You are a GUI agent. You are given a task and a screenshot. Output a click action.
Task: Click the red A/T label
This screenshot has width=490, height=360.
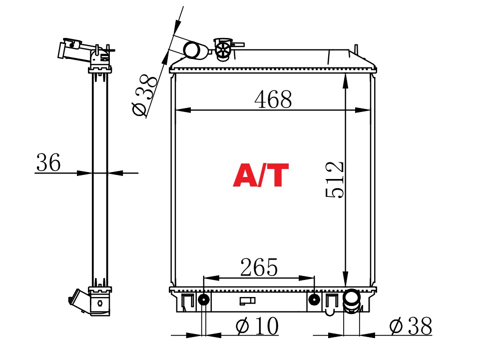[x=261, y=175]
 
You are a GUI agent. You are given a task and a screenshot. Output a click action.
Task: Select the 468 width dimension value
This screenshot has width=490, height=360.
[x=273, y=99]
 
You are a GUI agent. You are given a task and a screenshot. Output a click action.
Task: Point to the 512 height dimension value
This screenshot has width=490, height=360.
[x=335, y=179]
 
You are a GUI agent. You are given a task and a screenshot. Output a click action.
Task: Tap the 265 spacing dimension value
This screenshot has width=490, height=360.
[x=259, y=267]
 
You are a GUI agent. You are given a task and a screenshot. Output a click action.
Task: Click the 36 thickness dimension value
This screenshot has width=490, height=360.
[x=48, y=162]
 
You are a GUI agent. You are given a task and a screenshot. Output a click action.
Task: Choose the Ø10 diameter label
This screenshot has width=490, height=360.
[x=257, y=325]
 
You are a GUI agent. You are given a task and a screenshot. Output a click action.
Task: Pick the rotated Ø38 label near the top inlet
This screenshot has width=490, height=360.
[x=144, y=94]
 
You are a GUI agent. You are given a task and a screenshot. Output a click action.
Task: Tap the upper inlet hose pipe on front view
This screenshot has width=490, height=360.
[x=195, y=50]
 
